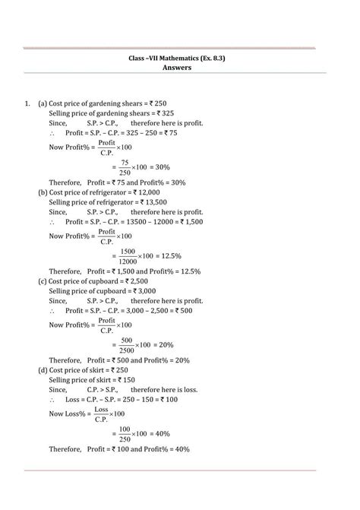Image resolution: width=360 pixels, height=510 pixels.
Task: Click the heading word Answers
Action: [x=180, y=67]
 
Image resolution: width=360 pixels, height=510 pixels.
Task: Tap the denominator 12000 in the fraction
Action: [x=128, y=261]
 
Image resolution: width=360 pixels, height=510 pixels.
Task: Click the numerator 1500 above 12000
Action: [x=128, y=252]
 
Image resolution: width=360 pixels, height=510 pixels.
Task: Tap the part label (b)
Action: [x=43, y=193]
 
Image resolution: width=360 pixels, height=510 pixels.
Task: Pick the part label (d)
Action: [x=43, y=369]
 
